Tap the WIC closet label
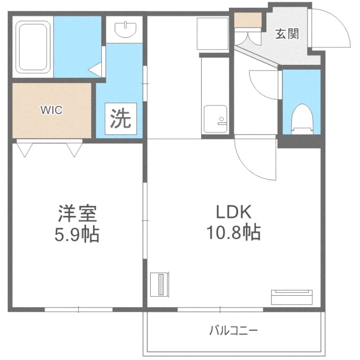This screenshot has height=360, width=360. pos(53,110)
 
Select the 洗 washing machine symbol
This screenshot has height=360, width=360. pos(120,118)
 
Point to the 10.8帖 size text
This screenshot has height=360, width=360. pos(233,233)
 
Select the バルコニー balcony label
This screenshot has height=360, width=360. pos(234,331)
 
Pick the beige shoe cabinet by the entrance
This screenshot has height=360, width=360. pos(248,19)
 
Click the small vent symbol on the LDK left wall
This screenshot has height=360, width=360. pos(160,284)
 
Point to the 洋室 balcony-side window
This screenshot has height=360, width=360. pos(78,310)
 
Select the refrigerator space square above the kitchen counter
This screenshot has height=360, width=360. pos(213,34)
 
